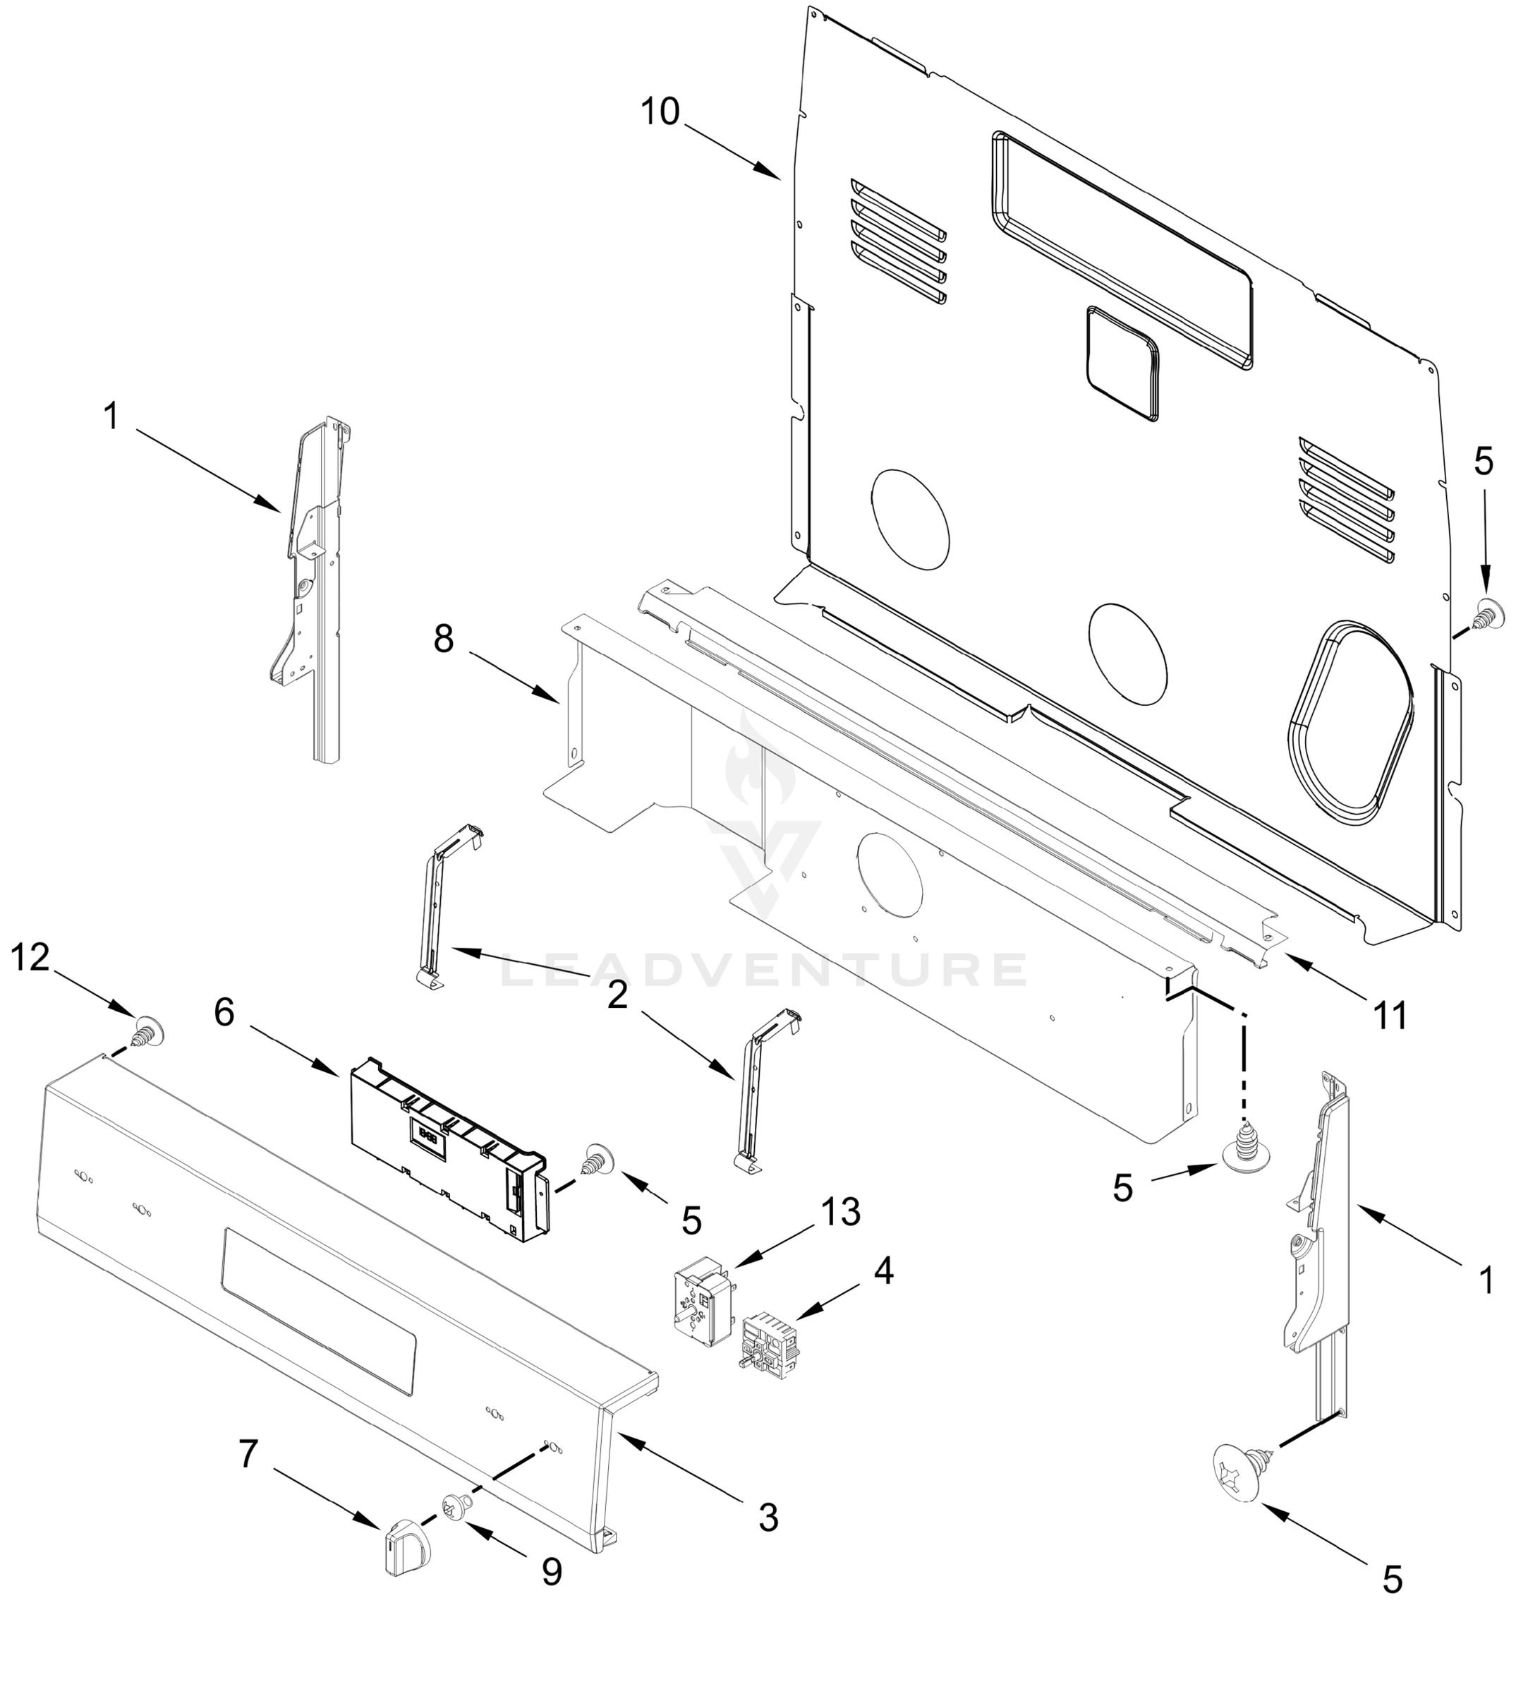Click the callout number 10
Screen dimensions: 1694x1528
point(659,112)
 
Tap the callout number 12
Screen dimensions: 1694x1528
point(30,956)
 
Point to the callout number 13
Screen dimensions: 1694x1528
point(840,1212)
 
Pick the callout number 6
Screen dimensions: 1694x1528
point(224,1013)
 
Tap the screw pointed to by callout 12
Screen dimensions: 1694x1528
point(147,1031)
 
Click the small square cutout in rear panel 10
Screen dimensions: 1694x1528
point(1122,362)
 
